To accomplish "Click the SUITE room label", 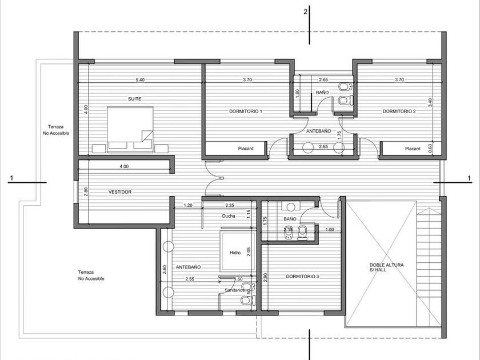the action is tap(135, 99).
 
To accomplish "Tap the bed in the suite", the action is tap(130, 129).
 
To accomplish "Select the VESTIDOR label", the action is tap(120, 192).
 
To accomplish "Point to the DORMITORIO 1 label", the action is tap(246, 111).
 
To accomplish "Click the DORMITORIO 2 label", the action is tap(399, 111).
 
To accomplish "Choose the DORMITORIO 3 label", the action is tap(302, 277).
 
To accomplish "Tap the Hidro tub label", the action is tap(235, 253).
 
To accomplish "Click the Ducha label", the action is tap(229, 216).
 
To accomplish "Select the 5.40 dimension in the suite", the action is tap(140, 80).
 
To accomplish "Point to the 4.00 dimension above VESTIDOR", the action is tap(124, 166).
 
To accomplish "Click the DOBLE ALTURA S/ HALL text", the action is tap(386, 267).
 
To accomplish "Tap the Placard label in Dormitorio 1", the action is tap(246, 149).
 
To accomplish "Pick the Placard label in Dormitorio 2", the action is tap(413, 149).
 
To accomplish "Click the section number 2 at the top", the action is tap(305, 12).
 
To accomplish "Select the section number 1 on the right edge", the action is tap(469, 178).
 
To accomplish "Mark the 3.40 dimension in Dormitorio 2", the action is tap(430, 102).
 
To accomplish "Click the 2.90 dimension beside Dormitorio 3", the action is tap(265, 277).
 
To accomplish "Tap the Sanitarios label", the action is tap(235, 290).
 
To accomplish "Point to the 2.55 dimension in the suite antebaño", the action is tap(190, 279).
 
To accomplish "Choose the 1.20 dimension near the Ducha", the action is tap(188, 205).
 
